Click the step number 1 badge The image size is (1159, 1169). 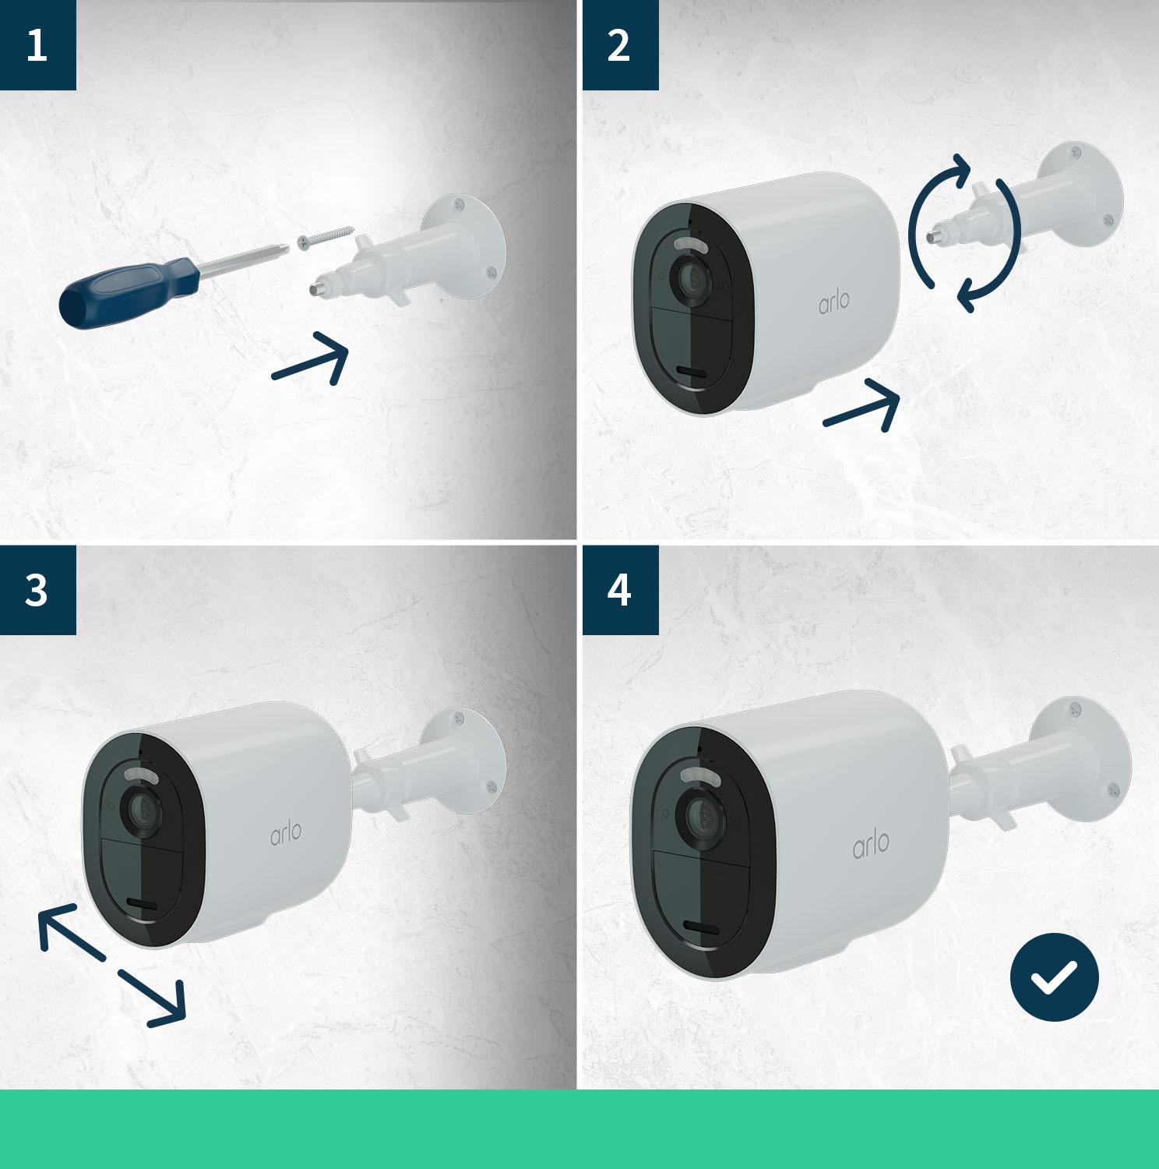click(x=37, y=44)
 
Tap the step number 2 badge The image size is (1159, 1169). click(x=619, y=44)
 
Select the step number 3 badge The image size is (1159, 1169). click(x=37, y=590)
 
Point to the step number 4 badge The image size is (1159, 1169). click(x=619, y=590)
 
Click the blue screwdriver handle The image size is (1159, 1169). click(x=125, y=293)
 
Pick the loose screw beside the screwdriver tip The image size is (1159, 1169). click(x=325, y=238)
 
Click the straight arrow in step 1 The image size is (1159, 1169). click(x=312, y=359)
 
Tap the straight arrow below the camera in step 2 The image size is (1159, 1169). click(x=863, y=404)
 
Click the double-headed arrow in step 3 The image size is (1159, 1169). click(x=111, y=965)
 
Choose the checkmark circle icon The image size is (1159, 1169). click(x=1054, y=977)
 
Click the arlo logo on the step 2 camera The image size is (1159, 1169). click(x=833, y=302)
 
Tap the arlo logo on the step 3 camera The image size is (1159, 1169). click(x=286, y=833)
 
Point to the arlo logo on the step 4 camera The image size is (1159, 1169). click(x=871, y=845)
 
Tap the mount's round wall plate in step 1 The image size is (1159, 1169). click(x=467, y=245)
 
